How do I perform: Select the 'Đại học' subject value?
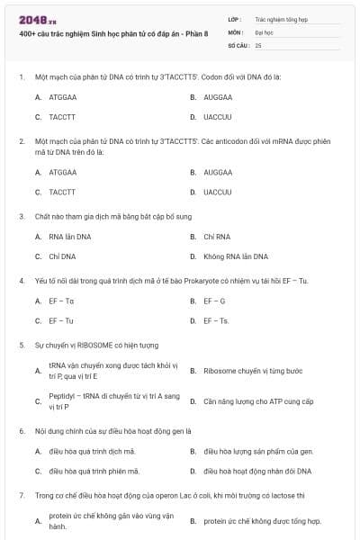(x=265, y=31)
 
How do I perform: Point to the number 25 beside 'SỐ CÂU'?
(x=258, y=44)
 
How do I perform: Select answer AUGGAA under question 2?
(x=218, y=172)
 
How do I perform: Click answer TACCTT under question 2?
(x=62, y=192)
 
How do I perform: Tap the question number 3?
(x=22, y=216)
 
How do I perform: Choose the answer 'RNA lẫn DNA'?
(x=69, y=237)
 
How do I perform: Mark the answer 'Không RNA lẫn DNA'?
(x=236, y=256)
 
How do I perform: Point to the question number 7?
(x=22, y=495)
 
